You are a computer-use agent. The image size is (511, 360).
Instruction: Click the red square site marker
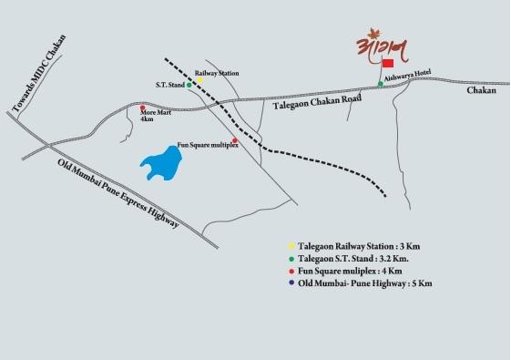point(387,64)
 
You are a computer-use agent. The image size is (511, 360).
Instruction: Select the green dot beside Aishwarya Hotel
point(381,85)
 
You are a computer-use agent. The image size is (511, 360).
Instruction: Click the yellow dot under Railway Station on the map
point(199,79)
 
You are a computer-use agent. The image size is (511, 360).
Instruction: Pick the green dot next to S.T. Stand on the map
point(189,85)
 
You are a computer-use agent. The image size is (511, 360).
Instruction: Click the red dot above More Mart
point(142,108)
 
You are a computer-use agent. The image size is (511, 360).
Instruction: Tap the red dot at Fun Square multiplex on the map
point(234,141)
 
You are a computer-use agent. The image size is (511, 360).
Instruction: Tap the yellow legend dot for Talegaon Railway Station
point(291,246)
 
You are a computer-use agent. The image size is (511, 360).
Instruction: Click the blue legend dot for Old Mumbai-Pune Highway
point(291,283)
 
